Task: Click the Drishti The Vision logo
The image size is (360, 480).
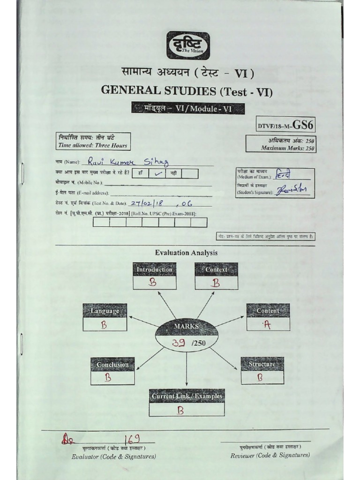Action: (188, 45)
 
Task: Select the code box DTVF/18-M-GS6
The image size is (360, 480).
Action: (285, 125)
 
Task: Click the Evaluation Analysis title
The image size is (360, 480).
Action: (187, 253)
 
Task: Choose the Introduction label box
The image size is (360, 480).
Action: (155, 270)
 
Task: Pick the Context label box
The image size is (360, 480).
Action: (216, 270)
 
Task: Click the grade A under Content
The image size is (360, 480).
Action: (267, 325)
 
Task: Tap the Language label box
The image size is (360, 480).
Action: (105, 311)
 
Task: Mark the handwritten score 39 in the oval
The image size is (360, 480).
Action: (179, 343)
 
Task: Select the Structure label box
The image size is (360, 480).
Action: (262, 364)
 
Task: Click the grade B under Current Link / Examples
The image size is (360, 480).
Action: (180, 410)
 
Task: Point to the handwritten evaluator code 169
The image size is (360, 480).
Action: (130, 439)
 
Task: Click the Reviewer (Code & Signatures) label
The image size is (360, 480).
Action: (270, 455)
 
